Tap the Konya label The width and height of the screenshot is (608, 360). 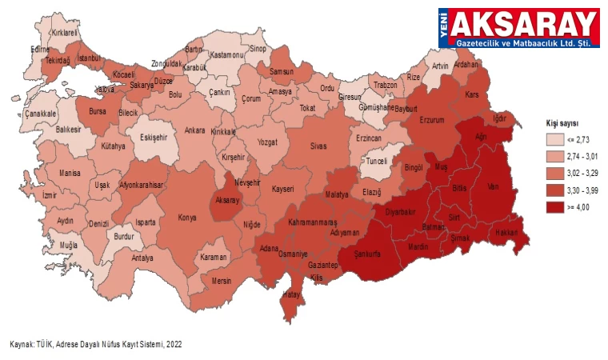click(186, 218)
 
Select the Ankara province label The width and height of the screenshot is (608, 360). click(194, 130)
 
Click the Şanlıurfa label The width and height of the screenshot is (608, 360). click(361, 254)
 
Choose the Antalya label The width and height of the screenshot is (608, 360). click(142, 258)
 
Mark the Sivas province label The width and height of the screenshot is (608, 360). click(319, 148)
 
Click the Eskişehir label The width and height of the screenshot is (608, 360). click(153, 137)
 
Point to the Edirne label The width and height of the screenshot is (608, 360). click(40, 49)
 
